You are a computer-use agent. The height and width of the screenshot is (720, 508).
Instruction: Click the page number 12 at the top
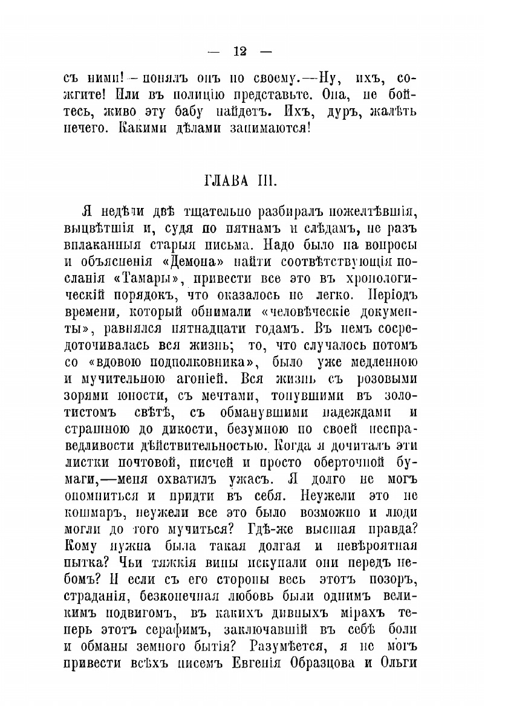(239, 51)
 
